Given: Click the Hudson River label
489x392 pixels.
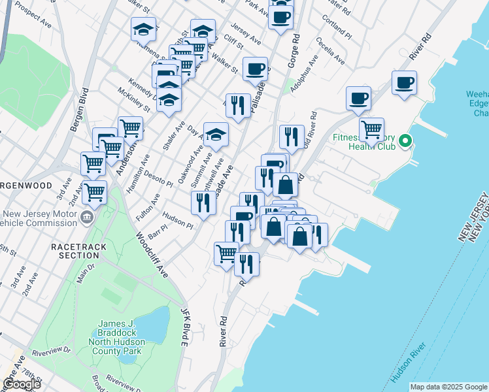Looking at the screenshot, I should (x=409, y=363).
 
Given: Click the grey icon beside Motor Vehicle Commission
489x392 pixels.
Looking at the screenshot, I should (x=86, y=216).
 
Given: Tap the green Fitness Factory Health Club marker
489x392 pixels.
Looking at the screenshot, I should (x=405, y=140).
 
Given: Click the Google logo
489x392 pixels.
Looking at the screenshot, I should (x=21, y=384).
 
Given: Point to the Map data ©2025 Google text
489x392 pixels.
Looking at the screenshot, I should (x=448, y=387).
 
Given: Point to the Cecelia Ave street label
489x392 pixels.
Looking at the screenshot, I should (x=330, y=50).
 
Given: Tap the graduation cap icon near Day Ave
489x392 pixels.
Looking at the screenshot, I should (x=216, y=135).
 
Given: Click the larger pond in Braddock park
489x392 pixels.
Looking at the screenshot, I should (x=152, y=325).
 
